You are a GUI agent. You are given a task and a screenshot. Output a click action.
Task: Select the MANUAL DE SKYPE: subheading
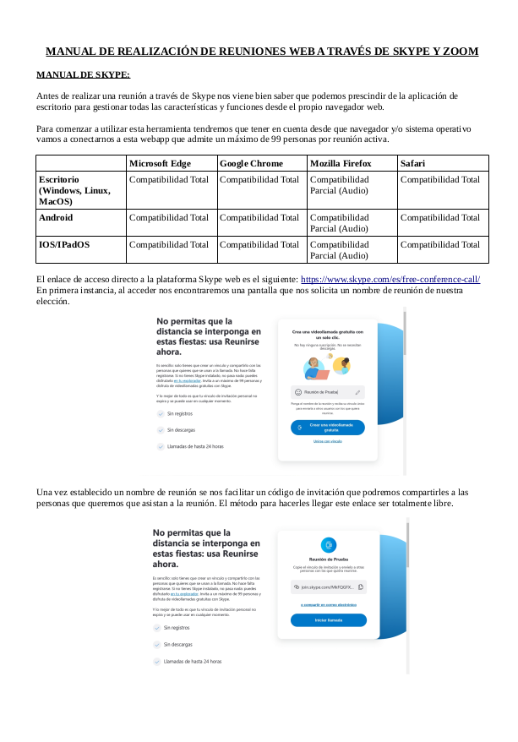tap(83, 75)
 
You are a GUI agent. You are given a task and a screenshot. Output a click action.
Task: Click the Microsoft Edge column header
tap(160, 163)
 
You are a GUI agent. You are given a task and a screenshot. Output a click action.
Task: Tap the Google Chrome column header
tap(251, 163)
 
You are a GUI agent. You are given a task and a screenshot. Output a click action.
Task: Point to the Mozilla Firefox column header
tap(341, 163)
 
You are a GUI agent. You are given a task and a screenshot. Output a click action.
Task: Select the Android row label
tap(56, 217)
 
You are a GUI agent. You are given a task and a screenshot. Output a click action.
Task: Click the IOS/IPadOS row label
tap(64, 244)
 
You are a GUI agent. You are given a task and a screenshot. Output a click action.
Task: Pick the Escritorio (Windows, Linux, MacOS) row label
tap(74, 190)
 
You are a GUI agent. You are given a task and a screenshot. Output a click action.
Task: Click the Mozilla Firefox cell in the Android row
tap(340, 222)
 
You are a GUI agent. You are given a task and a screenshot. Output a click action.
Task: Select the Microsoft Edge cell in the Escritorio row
tap(168, 179)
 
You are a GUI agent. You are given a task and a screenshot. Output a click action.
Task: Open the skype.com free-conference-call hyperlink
tap(390, 279)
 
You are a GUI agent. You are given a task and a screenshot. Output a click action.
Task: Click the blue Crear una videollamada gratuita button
tap(327, 427)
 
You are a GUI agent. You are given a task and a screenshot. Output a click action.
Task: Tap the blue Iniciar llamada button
tap(328, 620)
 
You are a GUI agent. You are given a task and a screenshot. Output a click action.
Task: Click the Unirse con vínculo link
tap(327, 441)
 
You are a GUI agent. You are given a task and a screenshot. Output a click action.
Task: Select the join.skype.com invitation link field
tap(327, 586)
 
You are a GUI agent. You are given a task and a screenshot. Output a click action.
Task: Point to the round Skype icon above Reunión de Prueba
tap(328, 544)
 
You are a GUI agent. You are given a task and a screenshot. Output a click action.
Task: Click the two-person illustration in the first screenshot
tap(327, 366)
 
